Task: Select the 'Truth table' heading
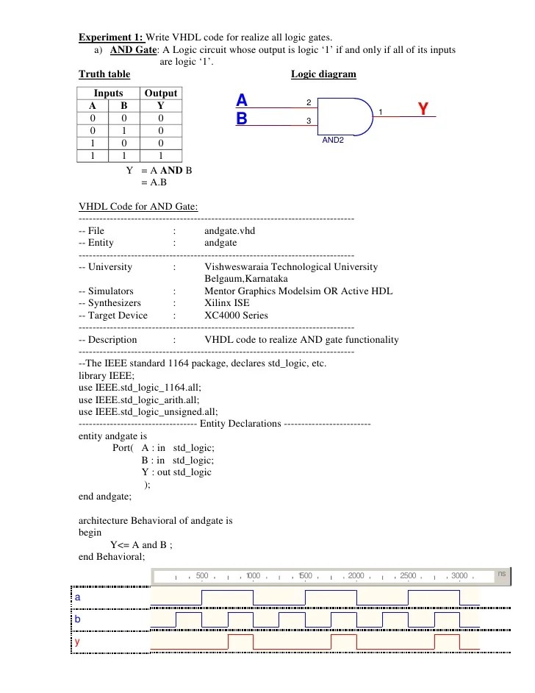(104, 74)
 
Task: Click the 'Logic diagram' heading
(323, 74)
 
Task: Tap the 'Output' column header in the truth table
(161, 93)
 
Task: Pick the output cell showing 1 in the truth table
(161, 156)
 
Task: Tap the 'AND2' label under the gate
(333, 140)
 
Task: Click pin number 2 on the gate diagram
(309, 102)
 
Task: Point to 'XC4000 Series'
(236, 316)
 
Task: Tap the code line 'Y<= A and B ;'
(146, 545)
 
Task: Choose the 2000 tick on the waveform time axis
(356, 575)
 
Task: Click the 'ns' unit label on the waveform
(501, 573)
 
